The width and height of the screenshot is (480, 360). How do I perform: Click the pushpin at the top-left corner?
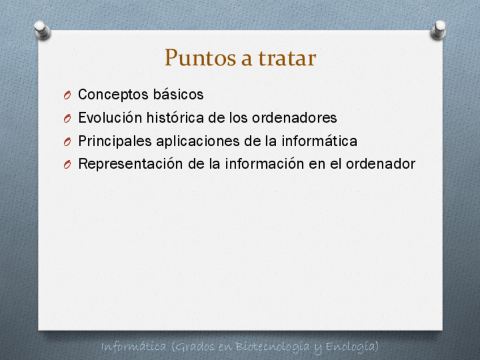pyautogui.click(x=42, y=30)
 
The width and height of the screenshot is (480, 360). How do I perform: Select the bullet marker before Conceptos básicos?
pyautogui.click(x=67, y=95)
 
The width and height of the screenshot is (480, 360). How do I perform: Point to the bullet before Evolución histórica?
pyautogui.click(x=67, y=118)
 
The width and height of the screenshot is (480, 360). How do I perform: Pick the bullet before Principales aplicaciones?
pyautogui.click(x=67, y=142)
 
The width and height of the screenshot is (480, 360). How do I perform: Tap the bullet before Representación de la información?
pyautogui.click(x=67, y=164)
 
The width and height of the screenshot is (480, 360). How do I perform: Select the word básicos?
pyautogui.click(x=178, y=94)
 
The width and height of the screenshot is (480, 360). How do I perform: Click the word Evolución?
pyautogui.click(x=110, y=118)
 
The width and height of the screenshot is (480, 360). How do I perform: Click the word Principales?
pyautogui.click(x=115, y=141)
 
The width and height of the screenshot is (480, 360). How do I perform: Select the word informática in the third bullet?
pyautogui.click(x=319, y=141)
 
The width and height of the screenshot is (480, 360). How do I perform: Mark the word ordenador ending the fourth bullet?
pyautogui.click(x=380, y=164)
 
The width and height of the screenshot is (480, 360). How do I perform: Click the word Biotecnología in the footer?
pyautogui.click(x=272, y=346)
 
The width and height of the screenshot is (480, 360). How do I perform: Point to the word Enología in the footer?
pyautogui.click(x=352, y=347)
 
